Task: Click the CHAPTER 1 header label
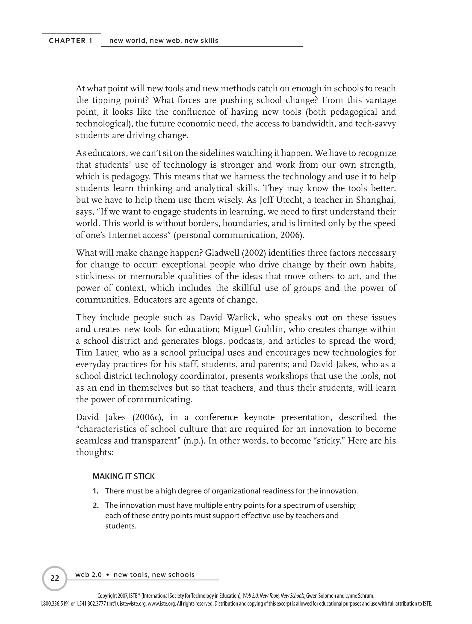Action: pos(71,41)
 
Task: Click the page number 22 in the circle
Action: pos(55,578)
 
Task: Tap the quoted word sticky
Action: pos(328,441)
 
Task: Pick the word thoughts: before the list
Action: pos(94,452)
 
